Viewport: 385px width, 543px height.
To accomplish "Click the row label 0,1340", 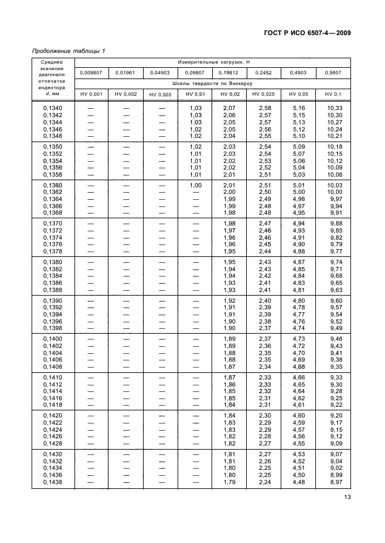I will point(52,107).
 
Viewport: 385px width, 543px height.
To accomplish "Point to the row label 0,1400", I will point(52,338).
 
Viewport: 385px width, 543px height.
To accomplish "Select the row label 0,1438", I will point(52,482).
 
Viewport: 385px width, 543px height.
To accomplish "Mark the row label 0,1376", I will point(52,244).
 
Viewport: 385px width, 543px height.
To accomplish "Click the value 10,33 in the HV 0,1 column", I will point(334,107).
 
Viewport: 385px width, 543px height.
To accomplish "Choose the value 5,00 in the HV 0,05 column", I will point(299,192).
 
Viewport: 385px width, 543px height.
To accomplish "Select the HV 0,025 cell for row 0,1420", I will point(265,415).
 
